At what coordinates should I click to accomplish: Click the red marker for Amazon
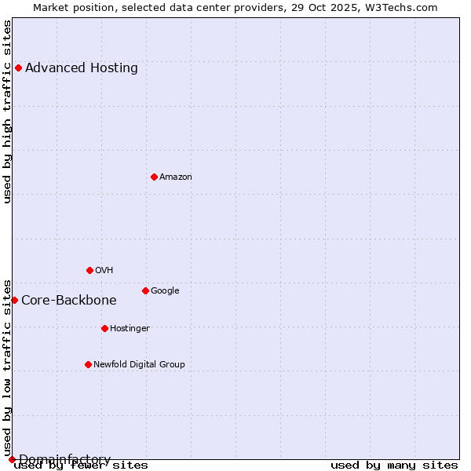pos(154,177)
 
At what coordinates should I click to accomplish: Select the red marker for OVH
pos(89,270)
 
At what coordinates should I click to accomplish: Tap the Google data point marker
pos(145,290)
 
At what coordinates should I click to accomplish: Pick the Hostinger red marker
pos(104,328)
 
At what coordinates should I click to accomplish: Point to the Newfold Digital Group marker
pos(88,364)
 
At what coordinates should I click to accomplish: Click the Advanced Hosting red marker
pos(18,68)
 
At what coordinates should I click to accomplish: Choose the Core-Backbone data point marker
pos(14,300)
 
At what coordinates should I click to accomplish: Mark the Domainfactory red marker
pos(12,459)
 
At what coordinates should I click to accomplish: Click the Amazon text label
pos(176,177)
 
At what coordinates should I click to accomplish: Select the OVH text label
pos(104,271)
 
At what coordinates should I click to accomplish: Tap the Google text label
pos(165,291)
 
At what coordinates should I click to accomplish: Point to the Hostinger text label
pos(130,329)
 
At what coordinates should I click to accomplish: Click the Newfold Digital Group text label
pos(139,365)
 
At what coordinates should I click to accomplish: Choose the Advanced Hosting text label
pos(82,68)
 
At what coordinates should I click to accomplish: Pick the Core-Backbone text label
pos(69,301)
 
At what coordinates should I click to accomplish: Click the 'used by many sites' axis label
pos(394,466)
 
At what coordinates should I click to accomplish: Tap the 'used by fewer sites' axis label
pos(82,466)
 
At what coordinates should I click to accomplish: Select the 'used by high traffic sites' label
pos(8,111)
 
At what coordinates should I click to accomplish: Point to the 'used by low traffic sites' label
pos(8,367)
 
